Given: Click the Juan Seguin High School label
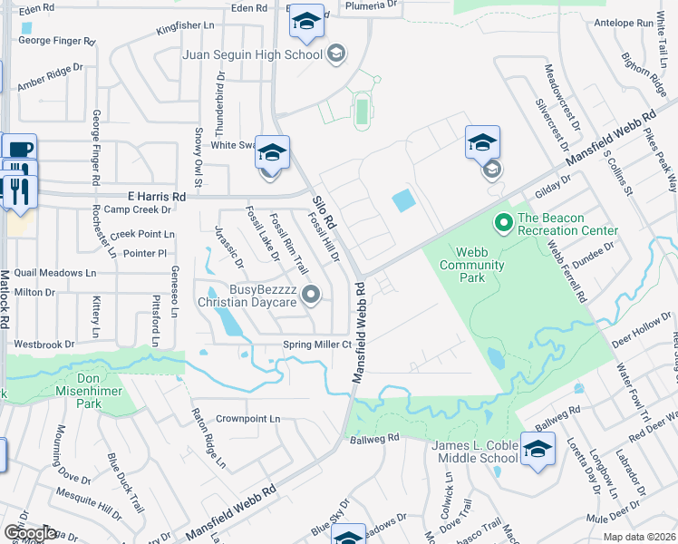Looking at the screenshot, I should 252,54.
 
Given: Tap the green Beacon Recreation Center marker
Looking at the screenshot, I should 503,221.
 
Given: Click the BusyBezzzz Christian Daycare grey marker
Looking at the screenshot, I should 312,294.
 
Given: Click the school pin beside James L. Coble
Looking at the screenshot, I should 538,449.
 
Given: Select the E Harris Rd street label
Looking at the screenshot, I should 154,196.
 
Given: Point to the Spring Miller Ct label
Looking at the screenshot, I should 316,345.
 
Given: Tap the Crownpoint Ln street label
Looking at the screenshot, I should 248,420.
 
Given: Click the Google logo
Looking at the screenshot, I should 29,533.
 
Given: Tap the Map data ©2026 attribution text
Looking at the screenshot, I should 639,537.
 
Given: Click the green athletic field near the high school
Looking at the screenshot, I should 362,112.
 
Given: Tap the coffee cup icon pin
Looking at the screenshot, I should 20,149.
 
